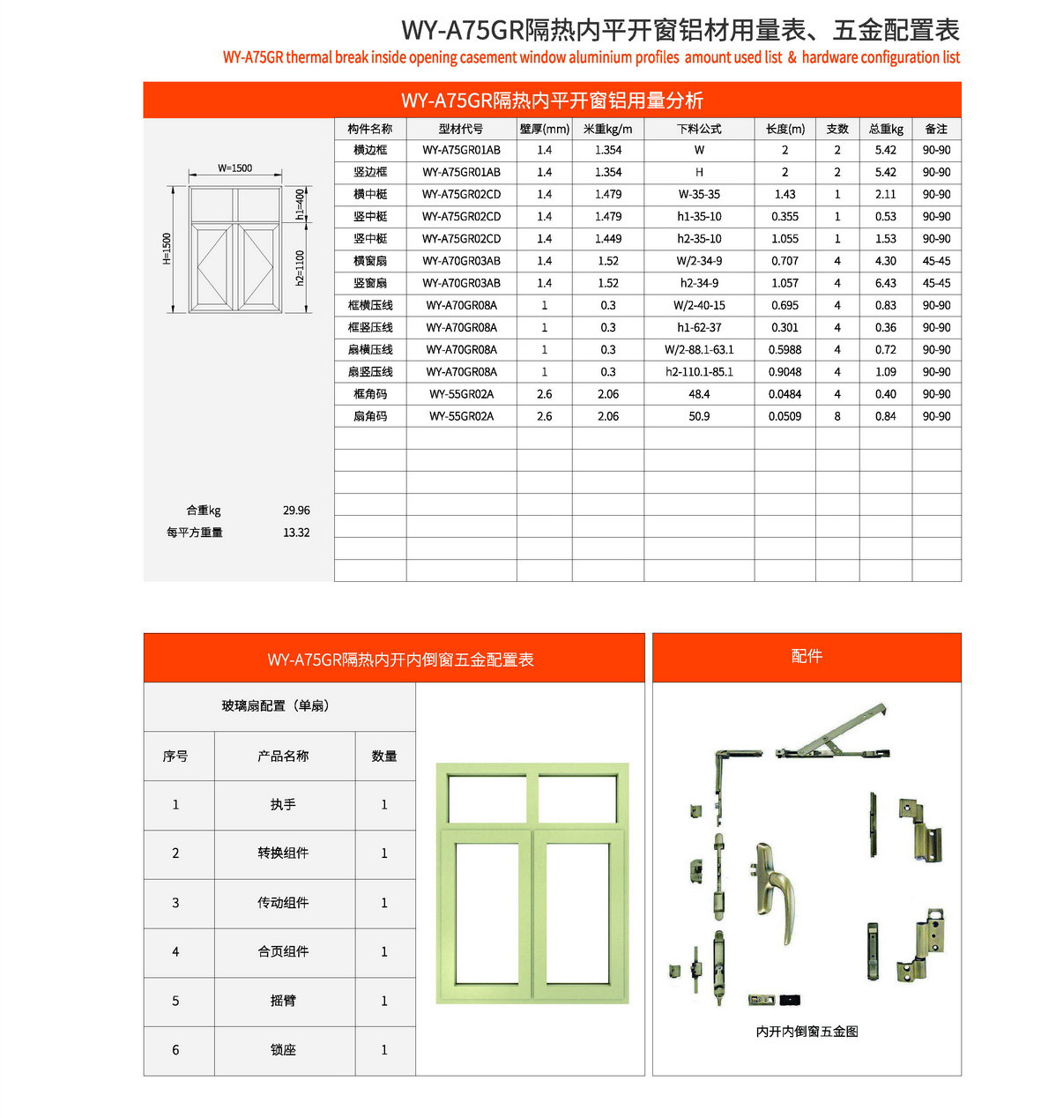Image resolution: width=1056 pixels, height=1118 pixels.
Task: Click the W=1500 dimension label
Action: click(x=235, y=168)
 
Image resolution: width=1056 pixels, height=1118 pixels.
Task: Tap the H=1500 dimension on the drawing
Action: click(x=167, y=249)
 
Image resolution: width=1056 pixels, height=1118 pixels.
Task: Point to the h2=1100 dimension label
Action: click(x=300, y=268)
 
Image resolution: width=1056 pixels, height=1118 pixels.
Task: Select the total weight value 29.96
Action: click(x=296, y=511)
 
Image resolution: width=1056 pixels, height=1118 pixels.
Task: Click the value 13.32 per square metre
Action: click(x=296, y=533)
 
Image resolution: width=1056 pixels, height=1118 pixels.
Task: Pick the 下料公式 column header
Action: click(x=699, y=129)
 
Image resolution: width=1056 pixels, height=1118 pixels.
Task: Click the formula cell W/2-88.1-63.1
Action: click(x=699, y=350)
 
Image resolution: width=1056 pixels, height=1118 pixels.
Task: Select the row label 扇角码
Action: click(x=370, y=416)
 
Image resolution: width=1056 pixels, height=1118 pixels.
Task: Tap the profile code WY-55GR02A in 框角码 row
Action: click(x=461, y=394)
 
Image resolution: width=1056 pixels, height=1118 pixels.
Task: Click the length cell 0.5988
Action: click(x=785, y=350)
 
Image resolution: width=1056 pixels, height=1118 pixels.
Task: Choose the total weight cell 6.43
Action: click(x=885, y=283)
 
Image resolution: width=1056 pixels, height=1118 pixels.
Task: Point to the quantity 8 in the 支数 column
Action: click(x=837, y=416)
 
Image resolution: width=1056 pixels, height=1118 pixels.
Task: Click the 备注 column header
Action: click(x=936, y=129)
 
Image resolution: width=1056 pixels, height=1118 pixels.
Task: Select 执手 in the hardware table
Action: click(x=283, y=805)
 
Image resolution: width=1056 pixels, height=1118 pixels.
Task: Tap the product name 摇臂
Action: click(x=283, y=1001)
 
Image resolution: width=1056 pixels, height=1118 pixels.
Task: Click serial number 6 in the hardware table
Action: click(x=175, y=1050)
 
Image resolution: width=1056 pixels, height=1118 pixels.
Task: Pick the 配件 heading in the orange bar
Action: click(x=807, y=656)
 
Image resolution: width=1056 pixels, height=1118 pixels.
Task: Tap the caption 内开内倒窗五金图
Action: click(x=807, y=1032)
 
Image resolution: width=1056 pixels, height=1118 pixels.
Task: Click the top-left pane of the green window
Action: click(x=487, y=799)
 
